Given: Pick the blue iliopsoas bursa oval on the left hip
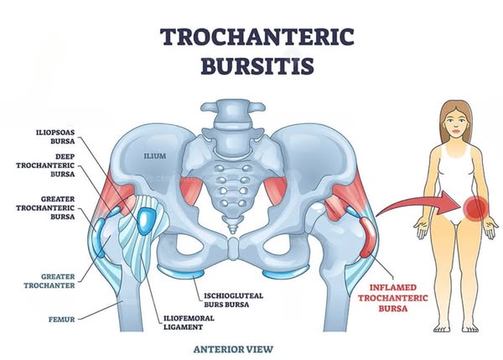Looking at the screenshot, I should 148,220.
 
